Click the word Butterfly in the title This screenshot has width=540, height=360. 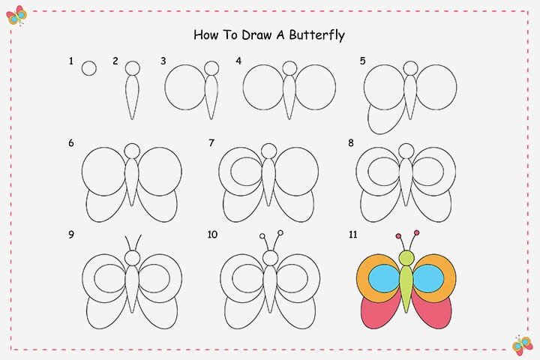tap(316, 35)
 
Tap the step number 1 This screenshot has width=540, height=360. tap(71, 61)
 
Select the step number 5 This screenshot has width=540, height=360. tap(363, 61)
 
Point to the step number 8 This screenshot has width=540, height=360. tap(351, 142)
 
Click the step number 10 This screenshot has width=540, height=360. tap(212, 235)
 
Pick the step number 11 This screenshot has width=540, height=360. tap(353, 235)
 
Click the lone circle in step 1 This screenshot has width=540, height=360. tap(89, 68)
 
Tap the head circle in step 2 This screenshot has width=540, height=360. tap(133, 68)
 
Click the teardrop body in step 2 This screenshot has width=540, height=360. tap(132, 97)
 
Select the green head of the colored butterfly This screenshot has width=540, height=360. tap(406, 258)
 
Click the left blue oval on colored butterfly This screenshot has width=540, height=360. tap(385, 278)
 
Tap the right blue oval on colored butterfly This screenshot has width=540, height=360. tap(428, 278)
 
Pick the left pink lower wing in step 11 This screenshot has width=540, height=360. tap(378, 312)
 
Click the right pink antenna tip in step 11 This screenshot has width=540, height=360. tap(417, 233)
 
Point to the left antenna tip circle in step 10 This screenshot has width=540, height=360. tap(262, 236)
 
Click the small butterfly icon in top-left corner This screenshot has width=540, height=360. tap(16, 16)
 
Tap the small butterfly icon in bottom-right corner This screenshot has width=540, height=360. tap(522, 345)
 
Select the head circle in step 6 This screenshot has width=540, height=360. tap(132, 151)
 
